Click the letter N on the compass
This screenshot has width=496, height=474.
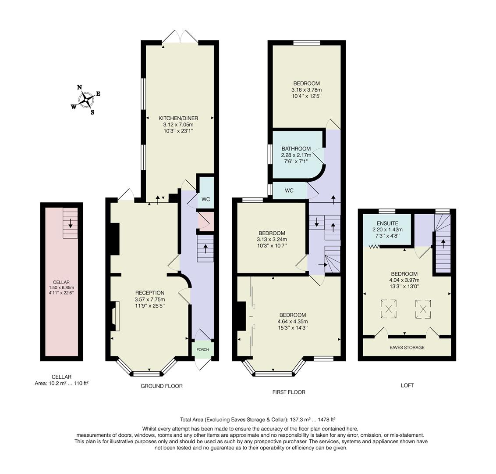pos(79,87)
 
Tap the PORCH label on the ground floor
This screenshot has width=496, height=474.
pos(203,349)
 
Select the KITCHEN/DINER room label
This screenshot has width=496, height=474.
pos(178,118)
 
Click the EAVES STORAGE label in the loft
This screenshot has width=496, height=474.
pos(407,348)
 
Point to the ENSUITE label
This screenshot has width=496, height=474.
pos(387,223)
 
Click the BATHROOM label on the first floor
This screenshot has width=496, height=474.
pos(296,149)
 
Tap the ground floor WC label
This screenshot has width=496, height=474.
pos(205,199)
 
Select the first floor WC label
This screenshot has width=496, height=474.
pos(289,190)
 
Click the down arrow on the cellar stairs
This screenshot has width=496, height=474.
pos(70,224)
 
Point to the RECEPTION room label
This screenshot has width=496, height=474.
pos(150,293)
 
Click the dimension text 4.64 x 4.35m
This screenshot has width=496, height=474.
pos(293,321)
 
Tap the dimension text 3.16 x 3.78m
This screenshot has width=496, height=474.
pos(307,90)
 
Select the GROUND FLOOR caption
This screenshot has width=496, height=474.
pos(162,386)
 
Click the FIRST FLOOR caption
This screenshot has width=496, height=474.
pos(289,392)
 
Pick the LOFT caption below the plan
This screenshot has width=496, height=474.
pos(407,385)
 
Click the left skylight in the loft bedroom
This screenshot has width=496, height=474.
pos(389,309)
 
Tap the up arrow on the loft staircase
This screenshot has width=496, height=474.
pos(443,243)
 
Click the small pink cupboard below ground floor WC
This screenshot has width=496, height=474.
pos(205,220)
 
